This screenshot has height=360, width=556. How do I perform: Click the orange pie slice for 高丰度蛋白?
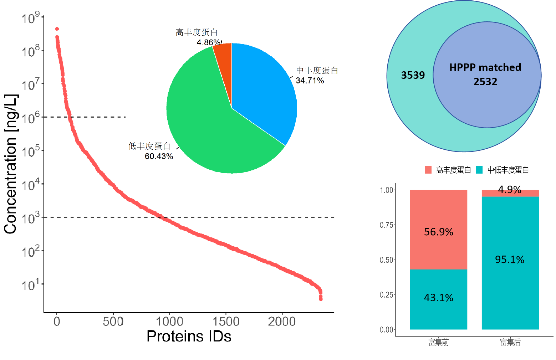[x=224, y=57]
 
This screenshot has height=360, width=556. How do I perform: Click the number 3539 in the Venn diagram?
[x=413, y=75]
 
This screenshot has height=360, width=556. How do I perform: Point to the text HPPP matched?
[x=485, y=67]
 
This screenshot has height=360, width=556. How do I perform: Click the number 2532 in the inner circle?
[x=485, y=82]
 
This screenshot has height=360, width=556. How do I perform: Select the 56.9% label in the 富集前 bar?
[x=438, y=232]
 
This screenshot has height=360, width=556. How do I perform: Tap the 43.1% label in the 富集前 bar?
[x=438, y=298]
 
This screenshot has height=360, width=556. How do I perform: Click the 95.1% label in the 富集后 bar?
[x=510, y=259]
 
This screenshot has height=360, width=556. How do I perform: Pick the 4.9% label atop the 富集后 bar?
[x=510, y=190]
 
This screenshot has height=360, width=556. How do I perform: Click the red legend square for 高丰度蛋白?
[x=428, y=170]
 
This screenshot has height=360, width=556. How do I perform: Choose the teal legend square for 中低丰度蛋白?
[x=479, y=170]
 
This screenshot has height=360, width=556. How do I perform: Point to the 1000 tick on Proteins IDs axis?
[x=169, y=322]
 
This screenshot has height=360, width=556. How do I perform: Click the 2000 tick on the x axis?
[x=282, y=322]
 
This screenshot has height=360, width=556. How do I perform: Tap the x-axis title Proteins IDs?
[x=189, y=336]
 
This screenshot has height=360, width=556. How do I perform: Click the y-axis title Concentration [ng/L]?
[x=11, y=164]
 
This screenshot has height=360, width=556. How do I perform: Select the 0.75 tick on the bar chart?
[x=387, y=225]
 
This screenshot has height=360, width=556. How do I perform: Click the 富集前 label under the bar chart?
[x=438, y=343]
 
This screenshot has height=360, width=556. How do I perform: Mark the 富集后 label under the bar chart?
[x=510, y=343]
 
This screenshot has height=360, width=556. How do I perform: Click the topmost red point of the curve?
[x=57, y=29]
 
